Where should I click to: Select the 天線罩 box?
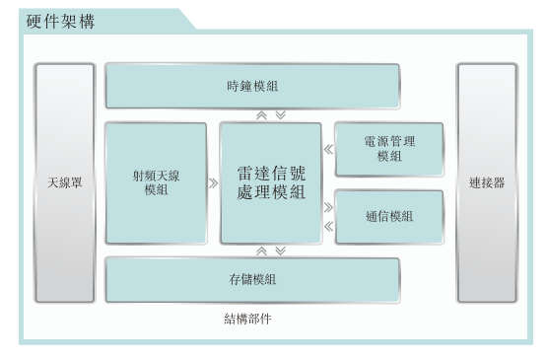pyautogui.click(x=65, y=183)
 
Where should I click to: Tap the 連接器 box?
pyautogui.click(x=487, y=183)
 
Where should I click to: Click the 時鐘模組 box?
pyautogui.click(x=252, y=86)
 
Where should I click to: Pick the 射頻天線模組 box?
pyautogui.click(x=156, y=183)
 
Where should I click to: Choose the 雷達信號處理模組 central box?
pyautogui.click(x=270, y=183)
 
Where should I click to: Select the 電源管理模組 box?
pyautogui.click(x=388, y=149)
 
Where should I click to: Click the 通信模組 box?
pyautogui.click(x=388, y=216)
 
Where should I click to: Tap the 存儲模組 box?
pyautogui.click(x=252, y=279)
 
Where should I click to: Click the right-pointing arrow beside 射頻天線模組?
pyautogui.click(x=214, y=183)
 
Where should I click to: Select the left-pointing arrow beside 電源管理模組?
pyautogui.click(x=328, y=150)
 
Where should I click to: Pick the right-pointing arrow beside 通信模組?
pyautogui.click(x=328, y=207)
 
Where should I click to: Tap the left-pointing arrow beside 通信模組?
pyautogui.click(x=328, y=226)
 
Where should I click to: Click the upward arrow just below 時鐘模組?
pyautogui.click(x=261, y=114)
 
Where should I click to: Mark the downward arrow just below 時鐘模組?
pyautogui.click(x=280, y=114)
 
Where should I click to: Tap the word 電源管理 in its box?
pyautogui.click(x=388, y=142)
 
